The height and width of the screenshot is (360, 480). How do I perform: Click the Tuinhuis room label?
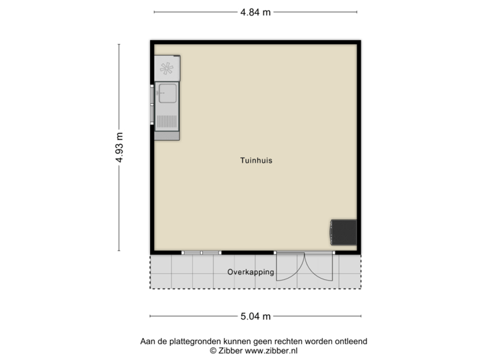[257, 161]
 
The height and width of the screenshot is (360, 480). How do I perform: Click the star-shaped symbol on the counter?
[167, 67]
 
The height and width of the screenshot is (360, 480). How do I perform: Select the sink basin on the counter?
[168, 94]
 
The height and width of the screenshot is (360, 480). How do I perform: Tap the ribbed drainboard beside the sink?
[168, 121]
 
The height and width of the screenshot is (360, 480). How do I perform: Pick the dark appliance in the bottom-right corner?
[344, 231]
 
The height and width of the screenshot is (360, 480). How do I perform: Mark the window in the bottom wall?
[201, 253]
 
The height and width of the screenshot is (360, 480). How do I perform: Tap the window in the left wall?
[151, 107]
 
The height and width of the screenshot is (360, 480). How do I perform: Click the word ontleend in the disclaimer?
[351, 341]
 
